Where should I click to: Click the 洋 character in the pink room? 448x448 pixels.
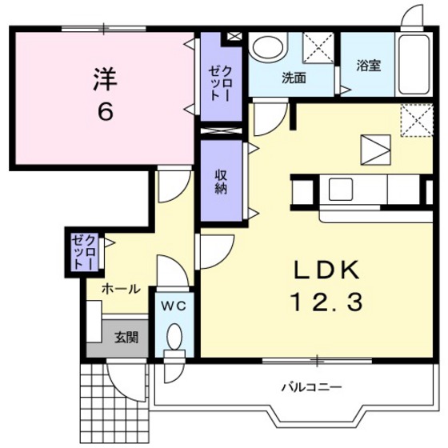105,79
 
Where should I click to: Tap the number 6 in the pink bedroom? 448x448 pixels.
105,111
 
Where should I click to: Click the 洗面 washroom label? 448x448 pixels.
294,78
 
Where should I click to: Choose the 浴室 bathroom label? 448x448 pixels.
369,66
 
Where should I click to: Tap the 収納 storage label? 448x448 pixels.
222,182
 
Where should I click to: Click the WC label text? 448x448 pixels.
175,306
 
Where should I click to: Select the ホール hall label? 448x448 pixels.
121,289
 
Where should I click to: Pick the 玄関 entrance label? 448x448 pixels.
125,337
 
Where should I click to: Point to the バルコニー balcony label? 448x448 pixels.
311,387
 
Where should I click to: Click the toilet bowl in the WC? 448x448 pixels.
176,338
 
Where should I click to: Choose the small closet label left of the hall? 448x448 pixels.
85,251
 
